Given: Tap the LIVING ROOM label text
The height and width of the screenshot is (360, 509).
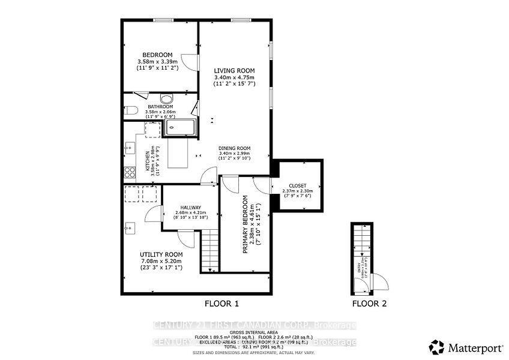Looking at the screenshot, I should click(x=234, y=71).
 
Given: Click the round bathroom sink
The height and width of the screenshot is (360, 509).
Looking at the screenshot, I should click(x=167, y=100).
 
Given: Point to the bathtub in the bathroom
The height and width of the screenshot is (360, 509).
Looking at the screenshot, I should click(x=179, y=127).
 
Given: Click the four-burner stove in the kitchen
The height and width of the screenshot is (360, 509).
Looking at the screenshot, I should click(x=129, y=173).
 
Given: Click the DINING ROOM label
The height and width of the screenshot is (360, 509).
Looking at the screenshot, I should click(x=234, y=148).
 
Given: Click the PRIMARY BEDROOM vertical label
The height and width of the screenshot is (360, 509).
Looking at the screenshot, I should click(x=246, y=225).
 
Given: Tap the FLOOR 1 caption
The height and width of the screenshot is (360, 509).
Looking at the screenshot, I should click(x=222, y=303).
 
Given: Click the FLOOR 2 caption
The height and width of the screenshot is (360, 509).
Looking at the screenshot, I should click(x=370, y=303).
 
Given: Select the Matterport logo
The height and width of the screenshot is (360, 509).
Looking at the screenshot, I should click(x=462, y=346).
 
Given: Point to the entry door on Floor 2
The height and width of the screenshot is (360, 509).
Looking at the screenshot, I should click(x=379, y=281).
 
